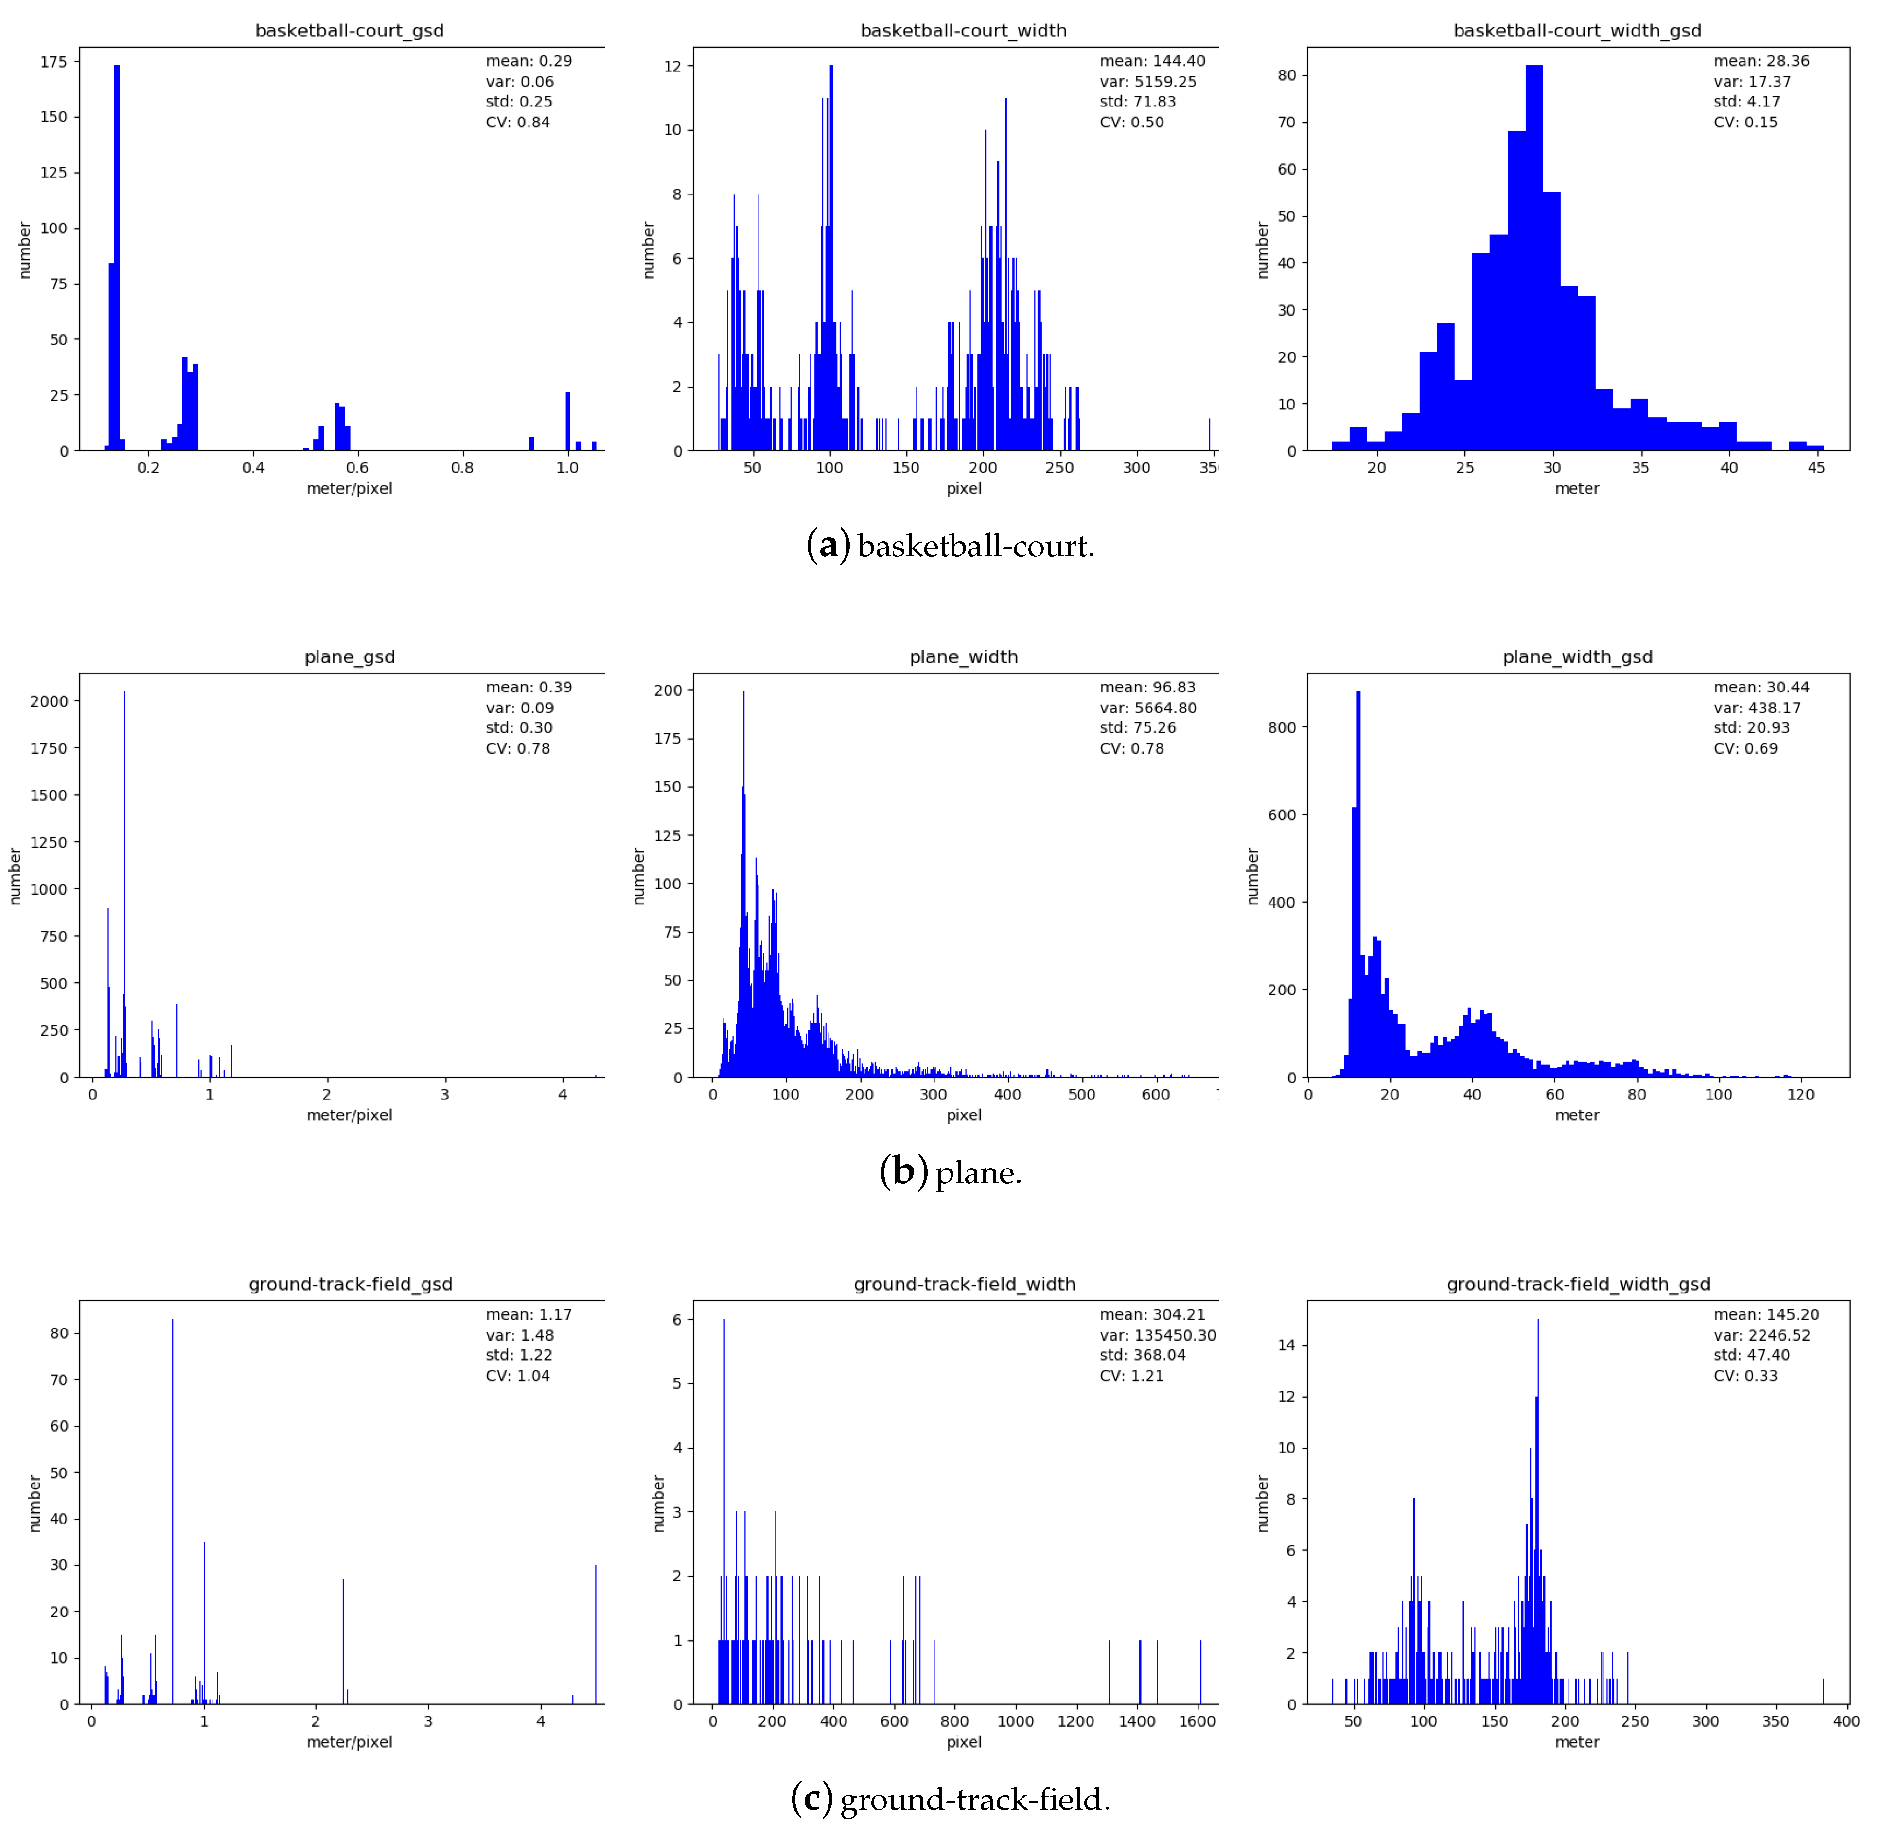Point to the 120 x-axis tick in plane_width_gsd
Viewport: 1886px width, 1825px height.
[x=1800, y=1095]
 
